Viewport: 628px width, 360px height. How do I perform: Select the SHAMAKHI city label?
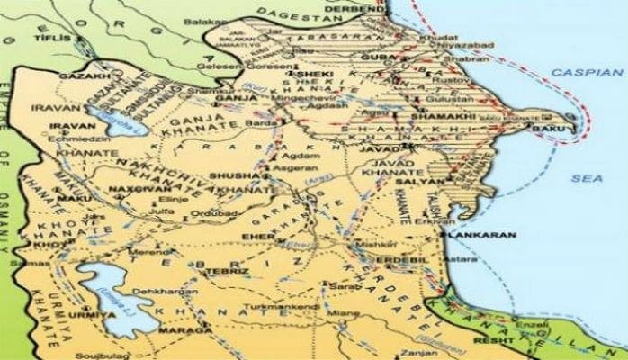pos(437,116)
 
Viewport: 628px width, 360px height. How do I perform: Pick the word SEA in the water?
pos(585,179)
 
